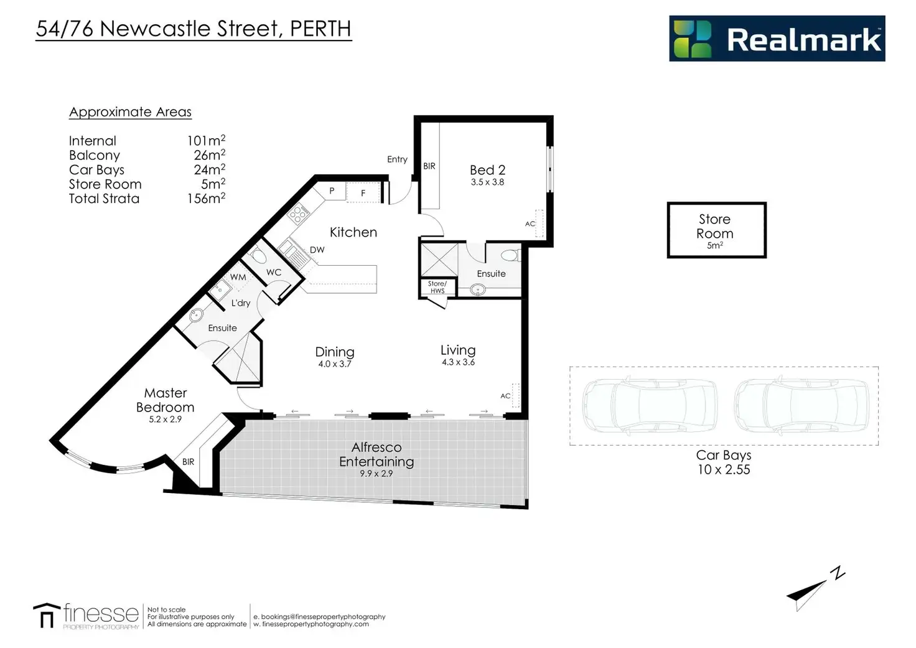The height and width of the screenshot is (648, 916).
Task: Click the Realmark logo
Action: tap(777, 39)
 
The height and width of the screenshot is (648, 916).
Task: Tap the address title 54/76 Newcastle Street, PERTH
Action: tap(194, 29)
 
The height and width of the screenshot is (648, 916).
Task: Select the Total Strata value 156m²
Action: tap(206, 199)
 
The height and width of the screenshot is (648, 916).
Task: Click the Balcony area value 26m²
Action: tap(209, 155)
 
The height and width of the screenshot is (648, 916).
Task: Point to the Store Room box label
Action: tap(715, 227)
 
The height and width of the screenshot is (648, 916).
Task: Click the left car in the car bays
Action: tap(649, 406)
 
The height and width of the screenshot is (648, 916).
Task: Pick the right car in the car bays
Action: tap(801, 406)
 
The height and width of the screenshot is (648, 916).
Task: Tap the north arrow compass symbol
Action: tap(815, 588)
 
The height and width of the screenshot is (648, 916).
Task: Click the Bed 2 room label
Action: tap(487, 170)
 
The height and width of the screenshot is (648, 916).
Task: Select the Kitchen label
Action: tap(353, 232)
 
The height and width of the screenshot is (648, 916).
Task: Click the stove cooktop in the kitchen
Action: tap(299, 215)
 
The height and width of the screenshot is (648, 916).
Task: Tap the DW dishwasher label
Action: tap(317, 250)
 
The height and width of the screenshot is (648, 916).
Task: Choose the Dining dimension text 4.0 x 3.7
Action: tap(335, 364)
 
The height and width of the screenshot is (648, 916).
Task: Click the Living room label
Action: tap(458, 350)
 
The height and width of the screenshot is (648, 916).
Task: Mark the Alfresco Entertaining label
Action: tap(376, 454)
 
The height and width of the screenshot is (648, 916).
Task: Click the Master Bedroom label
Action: tap(165, 400)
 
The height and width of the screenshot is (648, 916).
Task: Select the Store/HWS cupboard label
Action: tap(437, 287)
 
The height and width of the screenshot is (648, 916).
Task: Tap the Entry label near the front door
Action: tap(397, 159)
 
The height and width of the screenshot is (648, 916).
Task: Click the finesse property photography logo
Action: tap(86, 615)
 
